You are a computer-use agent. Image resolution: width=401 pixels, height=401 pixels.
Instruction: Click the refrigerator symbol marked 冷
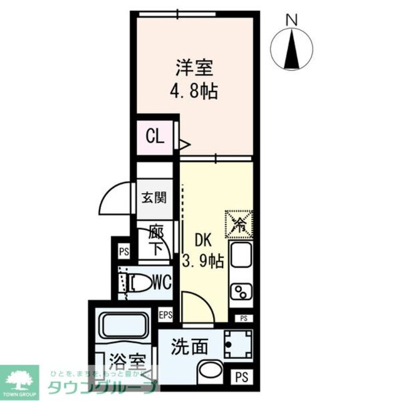pyautogui.click(x=239, y=223)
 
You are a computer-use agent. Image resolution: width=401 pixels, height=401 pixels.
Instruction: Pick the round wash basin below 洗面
pyautogui.click(x=208, y=372)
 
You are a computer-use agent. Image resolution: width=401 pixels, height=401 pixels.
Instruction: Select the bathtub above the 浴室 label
pyautogui.click(x=123, y=330)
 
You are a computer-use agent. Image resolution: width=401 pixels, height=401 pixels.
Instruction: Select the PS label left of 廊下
pyautogui.click(x=123, y=252)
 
